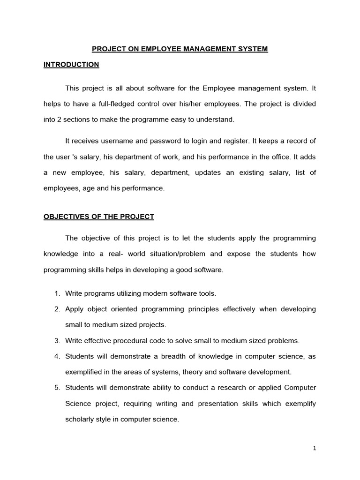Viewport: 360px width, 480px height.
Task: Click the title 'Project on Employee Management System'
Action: [x=180, y=49]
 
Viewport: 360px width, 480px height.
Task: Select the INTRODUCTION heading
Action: [x=71, y=65]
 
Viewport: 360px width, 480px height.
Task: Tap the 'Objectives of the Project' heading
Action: [x=99, y=217]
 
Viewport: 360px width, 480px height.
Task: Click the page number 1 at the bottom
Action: [x=315, y=448]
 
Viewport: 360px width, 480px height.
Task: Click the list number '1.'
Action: [x=57, y=293]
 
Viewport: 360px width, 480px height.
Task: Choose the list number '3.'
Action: [x=57, y=341]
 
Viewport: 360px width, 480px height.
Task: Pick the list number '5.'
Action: [x=57, y=388]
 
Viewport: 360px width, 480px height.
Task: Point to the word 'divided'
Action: [x=304, y=104]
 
